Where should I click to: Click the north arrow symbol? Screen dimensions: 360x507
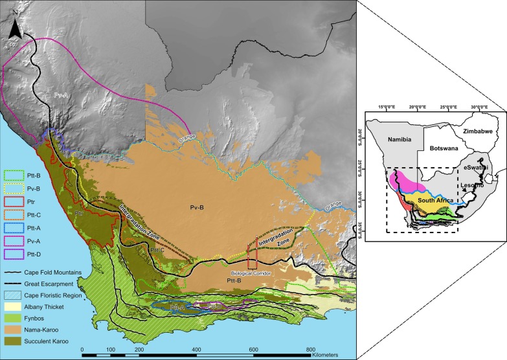pos(18,26)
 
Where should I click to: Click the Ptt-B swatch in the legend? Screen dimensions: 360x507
pos(13,174)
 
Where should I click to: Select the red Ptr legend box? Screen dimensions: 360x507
pos(13,201)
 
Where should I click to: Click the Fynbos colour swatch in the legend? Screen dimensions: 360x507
pos(13,298)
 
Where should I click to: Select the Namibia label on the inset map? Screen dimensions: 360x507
pos(388,139)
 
